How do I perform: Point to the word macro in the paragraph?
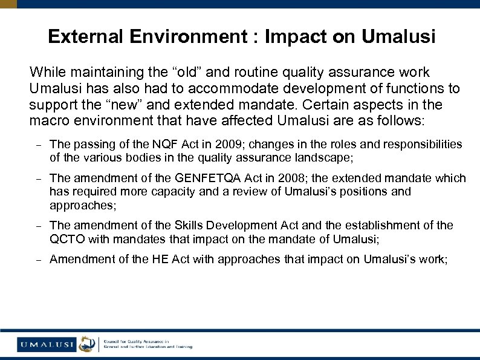pyautogui.click(x=46, y=120)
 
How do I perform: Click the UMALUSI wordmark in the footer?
pyautogui.click(x=47, y=344)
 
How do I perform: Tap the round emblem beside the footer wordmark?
pyautogui.click(x=87, y=344)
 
